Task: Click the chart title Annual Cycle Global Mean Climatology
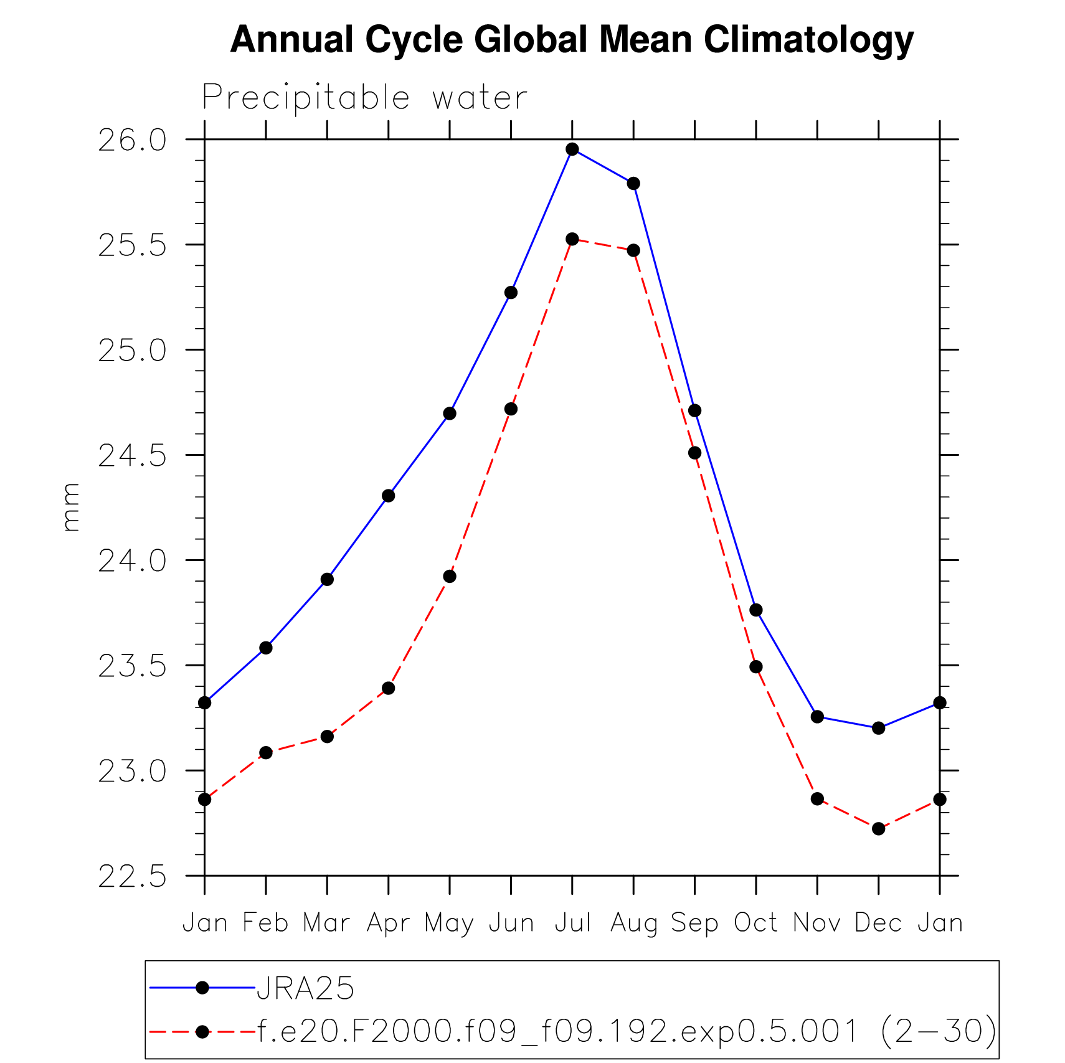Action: (571, 40)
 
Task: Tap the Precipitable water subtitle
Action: (364, 98)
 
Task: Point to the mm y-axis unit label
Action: (71, 507)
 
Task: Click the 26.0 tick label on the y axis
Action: (133, 141)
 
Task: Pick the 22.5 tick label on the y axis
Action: (133, 877)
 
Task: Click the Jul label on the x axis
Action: (572, 922)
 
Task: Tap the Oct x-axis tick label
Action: (755, 922)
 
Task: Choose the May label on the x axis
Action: (449, 922)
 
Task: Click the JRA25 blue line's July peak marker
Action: (572, 149)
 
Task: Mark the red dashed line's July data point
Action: (572, 239)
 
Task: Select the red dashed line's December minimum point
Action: (878, 829)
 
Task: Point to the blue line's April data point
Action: (388, 496)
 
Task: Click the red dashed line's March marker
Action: (327, 737)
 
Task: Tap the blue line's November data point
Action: (817, 717)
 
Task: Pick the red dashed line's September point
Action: (694, 453)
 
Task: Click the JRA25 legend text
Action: (305, 988)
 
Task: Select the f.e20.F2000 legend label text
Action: (626, 1031)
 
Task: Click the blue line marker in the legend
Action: (202, 988)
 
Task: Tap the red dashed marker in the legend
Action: (202, 1032)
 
